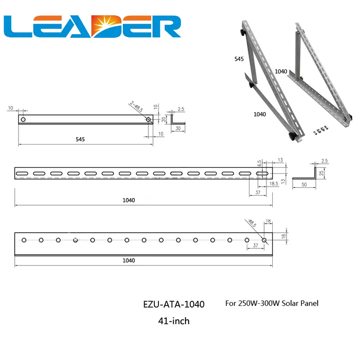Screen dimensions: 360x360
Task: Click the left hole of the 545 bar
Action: point(23,119)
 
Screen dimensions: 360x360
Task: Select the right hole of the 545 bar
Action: point(148,119)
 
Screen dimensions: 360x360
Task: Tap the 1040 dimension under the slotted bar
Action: point(128,200)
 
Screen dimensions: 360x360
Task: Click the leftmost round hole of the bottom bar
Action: point(24,240)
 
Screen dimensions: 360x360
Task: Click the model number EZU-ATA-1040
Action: point(173,305)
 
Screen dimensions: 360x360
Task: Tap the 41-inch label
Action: point(174,321)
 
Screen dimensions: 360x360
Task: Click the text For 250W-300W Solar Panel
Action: point(271,303)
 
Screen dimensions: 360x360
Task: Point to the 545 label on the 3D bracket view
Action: point(239,59)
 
